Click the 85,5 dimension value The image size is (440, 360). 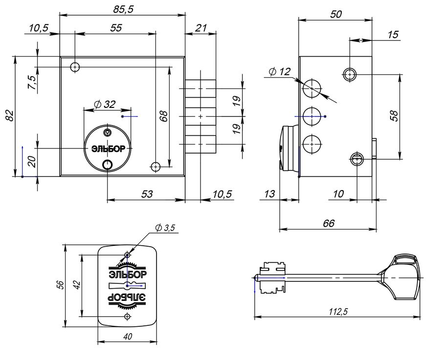124,9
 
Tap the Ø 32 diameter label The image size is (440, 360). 105,105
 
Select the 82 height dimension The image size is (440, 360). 9,115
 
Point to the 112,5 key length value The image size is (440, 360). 339,312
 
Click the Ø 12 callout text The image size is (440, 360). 280,72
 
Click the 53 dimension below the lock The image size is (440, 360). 147,194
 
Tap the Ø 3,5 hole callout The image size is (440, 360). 165,228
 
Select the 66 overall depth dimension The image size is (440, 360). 329,223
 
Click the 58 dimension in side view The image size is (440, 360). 394,116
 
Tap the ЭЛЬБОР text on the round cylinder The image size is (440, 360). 108,149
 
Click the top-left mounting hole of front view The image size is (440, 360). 75,67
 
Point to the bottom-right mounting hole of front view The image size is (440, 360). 155,167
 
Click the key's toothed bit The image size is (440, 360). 272,277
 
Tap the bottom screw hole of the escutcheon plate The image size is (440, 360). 128,317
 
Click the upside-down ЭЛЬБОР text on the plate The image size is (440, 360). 127,297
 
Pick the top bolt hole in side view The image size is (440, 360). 312,88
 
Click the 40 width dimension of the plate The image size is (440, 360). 128,336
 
